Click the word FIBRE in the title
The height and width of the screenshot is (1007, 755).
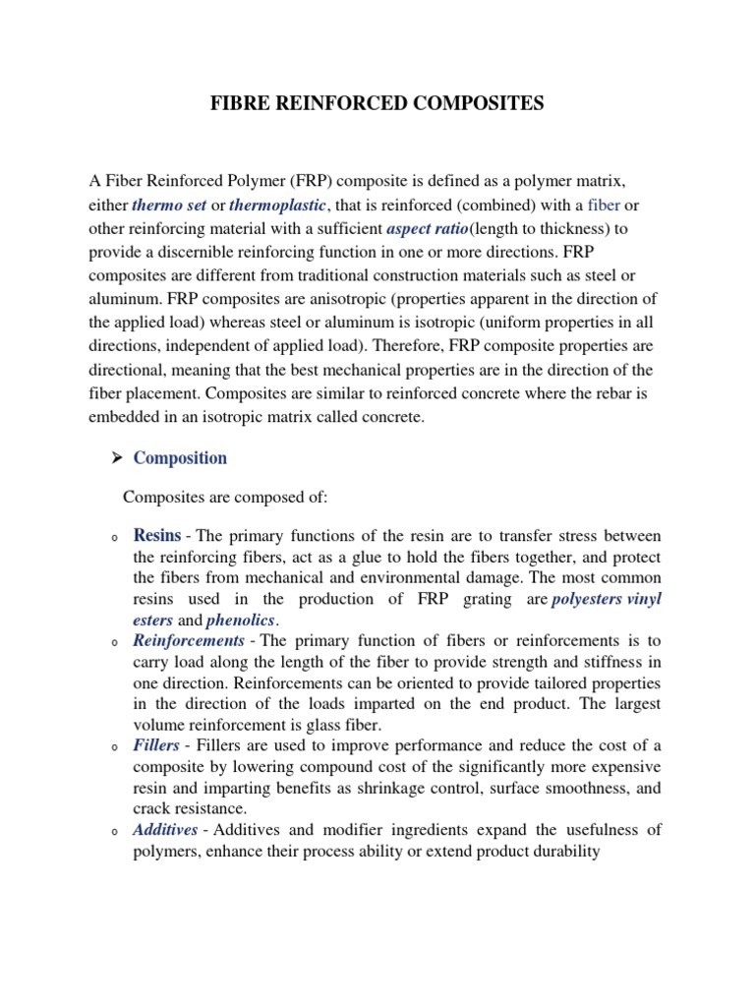pos(242,104)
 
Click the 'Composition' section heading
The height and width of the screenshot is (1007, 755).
pos(180,458)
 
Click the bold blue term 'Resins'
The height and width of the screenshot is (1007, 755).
pos(157,536)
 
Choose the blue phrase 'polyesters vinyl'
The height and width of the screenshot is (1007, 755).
pos(607,599)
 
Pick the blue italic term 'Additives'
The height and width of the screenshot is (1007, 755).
pos(165,830)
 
